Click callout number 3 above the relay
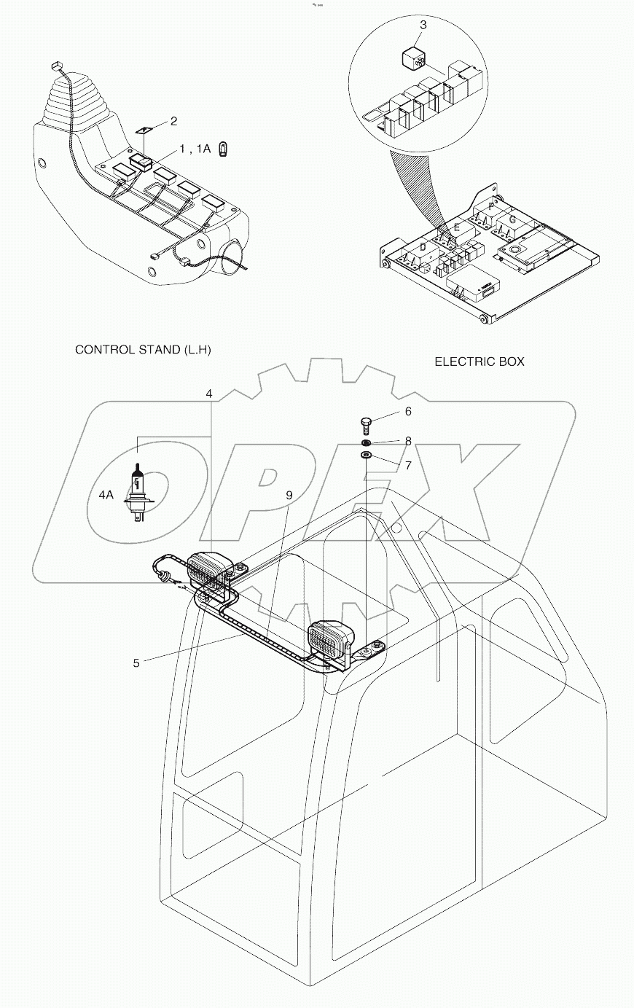click(423, 25)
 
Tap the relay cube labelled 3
click(413, 58)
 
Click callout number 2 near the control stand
click(173, 121)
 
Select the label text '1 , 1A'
click(195, 149)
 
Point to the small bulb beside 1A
click(225, 150)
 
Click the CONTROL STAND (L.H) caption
click(143, 350)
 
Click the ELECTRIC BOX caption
click(480, 362)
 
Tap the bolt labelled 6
click(367, 425)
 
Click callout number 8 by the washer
click(408, 441)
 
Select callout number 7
click(408, 464)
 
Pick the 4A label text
click(106, 494)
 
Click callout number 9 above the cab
click(289, 495)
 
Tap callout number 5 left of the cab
click(136, 663)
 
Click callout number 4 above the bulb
click(209, 394)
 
